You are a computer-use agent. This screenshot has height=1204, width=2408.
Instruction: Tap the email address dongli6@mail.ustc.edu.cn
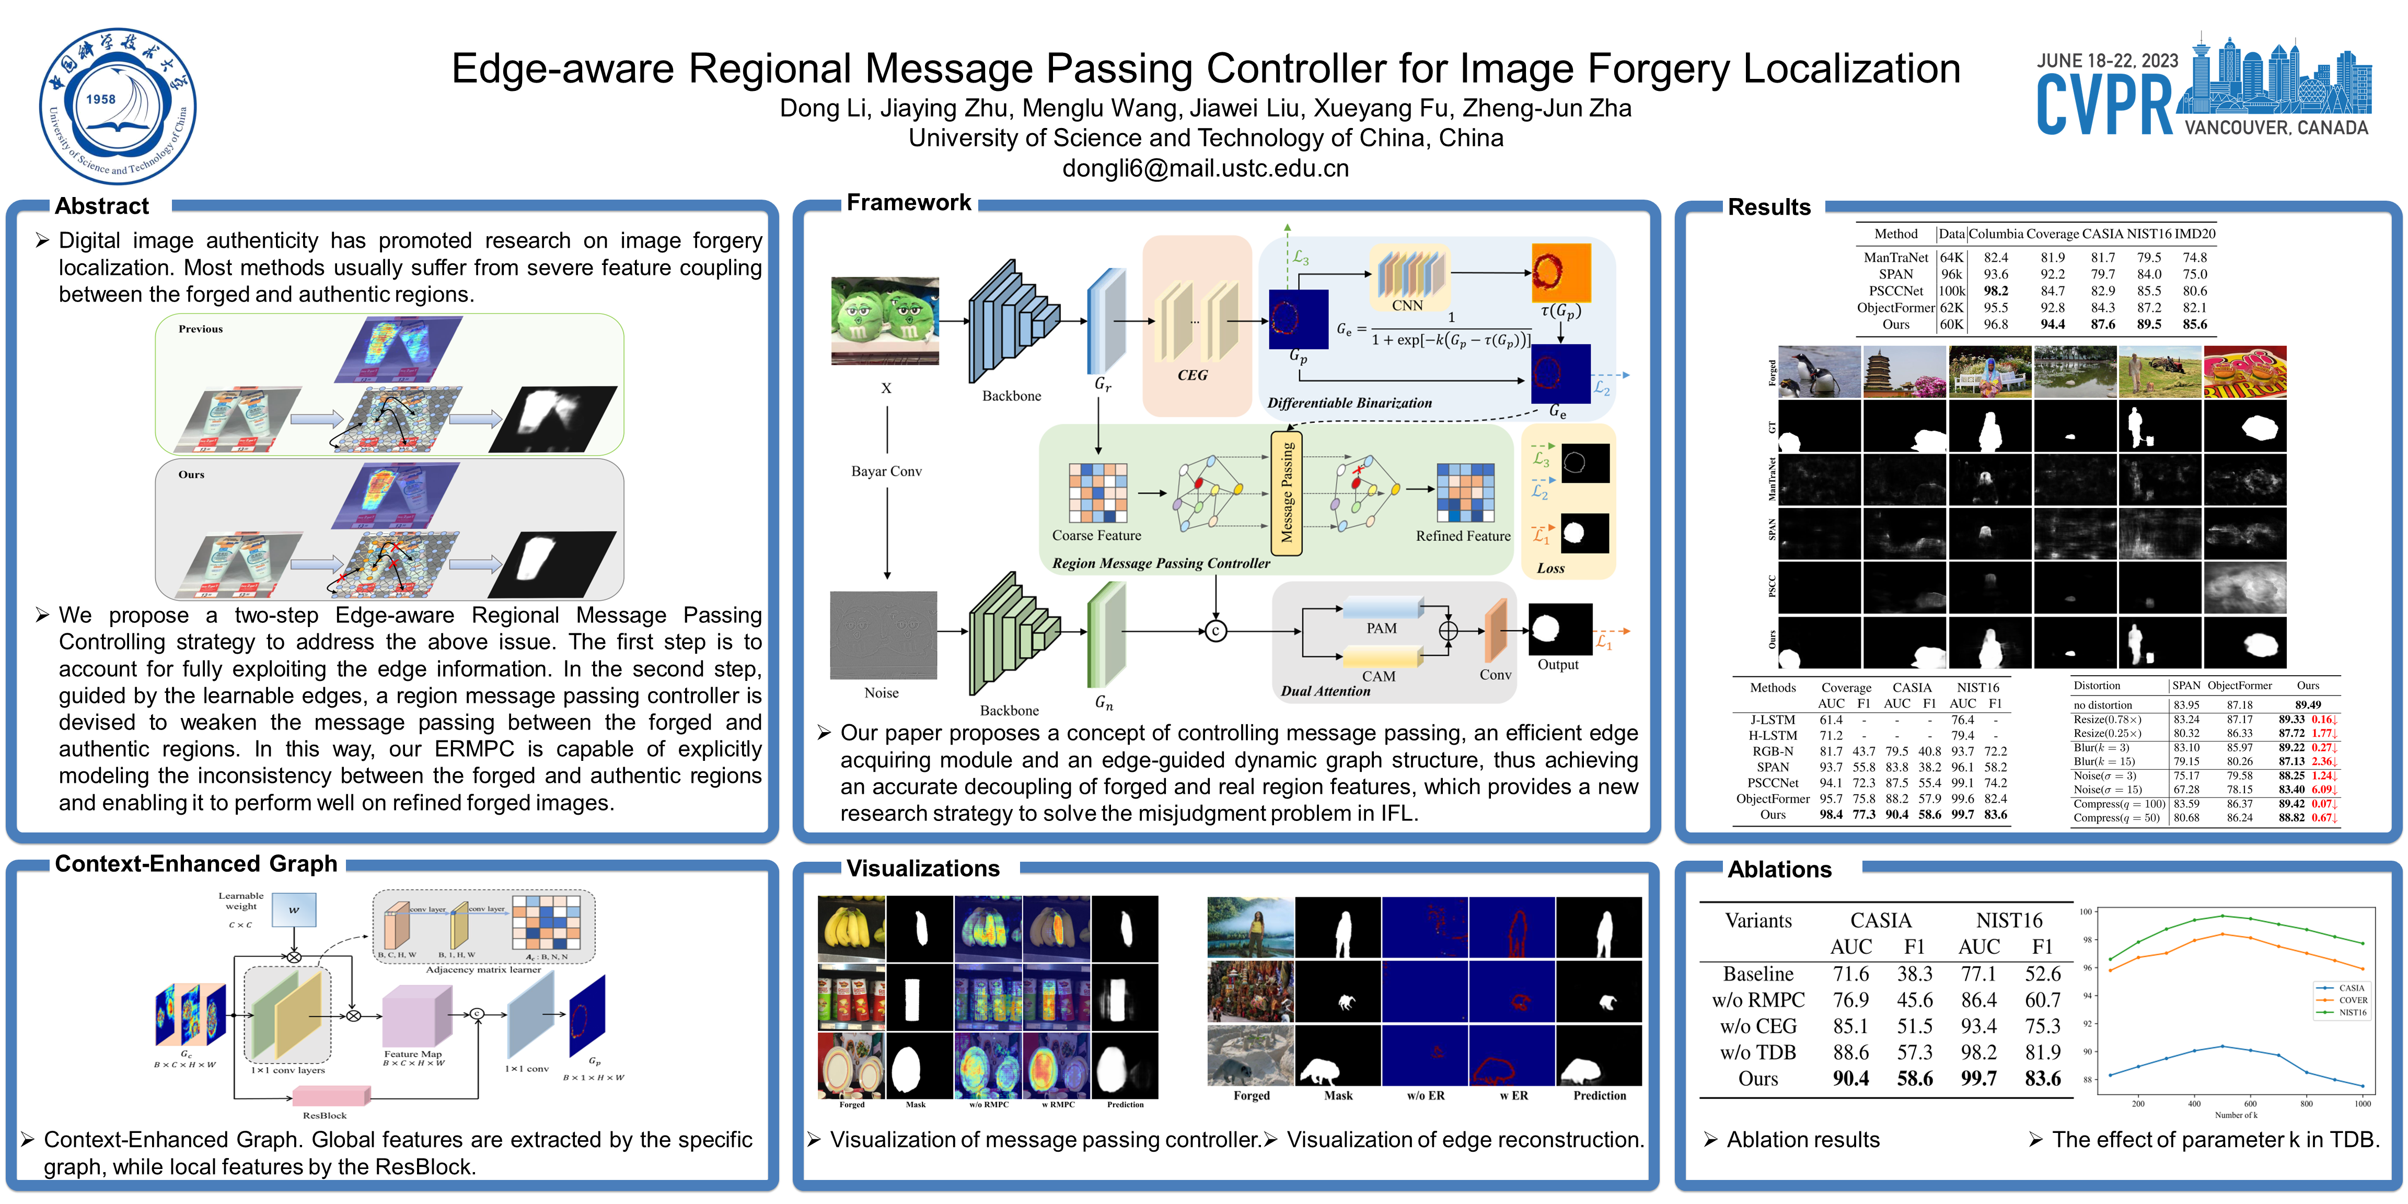1205,168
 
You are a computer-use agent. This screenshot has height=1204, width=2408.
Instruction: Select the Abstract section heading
102,206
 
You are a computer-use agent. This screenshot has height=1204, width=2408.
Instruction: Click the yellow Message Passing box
1286,493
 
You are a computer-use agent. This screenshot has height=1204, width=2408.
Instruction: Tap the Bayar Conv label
886,471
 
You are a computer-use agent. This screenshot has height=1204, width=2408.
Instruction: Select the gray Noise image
883,635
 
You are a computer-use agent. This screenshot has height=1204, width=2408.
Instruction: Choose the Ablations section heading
1779,870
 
